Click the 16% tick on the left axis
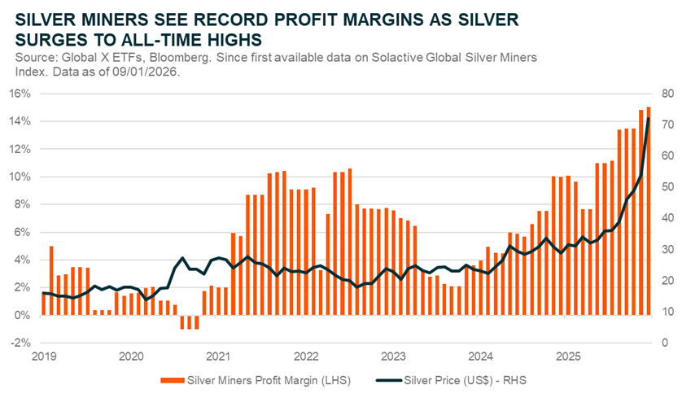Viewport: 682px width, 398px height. point(20,94)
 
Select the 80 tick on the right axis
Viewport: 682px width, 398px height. point(667,94)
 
